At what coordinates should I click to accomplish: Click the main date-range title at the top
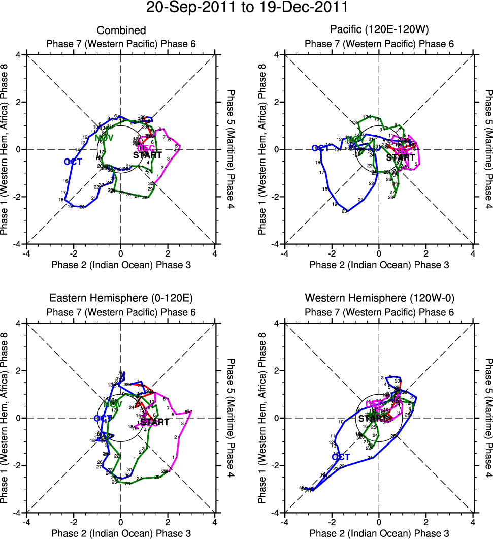click(x=247, y=8)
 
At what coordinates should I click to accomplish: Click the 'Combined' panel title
click(x=121, y=31)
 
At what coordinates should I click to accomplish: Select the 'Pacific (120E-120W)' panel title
click(x=379, y=31)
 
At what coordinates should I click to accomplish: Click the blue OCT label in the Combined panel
click(x=73, y=162)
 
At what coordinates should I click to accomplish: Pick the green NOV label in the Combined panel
click(x=104, y=138)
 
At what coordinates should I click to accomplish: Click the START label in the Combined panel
click(x=147, y=155)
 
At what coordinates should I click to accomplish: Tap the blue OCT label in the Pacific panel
click(x=321, y=148)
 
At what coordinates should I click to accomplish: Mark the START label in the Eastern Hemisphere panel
click(x=154, y=422)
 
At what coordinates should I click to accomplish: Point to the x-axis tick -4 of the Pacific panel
click(x=284, y=252)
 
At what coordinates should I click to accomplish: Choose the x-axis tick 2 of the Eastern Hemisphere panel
click(x=168, y=521)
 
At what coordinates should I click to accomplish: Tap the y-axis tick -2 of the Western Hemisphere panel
click(x=274, y=465)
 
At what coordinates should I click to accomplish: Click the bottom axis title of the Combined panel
click(x=121, y=264)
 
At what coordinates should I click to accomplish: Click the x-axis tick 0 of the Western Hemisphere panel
click(x=379, y=521)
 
